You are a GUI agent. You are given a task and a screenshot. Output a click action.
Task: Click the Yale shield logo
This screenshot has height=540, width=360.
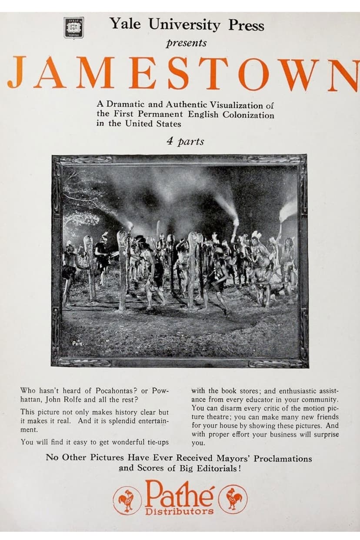coord(73,27)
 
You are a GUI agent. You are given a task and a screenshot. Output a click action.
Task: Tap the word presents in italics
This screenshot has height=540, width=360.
coord(186,43)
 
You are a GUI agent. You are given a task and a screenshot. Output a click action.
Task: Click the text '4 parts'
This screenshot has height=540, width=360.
coord(185,141)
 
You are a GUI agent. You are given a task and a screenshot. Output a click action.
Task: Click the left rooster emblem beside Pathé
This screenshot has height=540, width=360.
coord(127,500)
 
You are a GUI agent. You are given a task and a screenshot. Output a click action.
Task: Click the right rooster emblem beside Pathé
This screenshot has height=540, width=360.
coord(233,499)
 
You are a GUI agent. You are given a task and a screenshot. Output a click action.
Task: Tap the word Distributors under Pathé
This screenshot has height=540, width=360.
coord(180,511)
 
